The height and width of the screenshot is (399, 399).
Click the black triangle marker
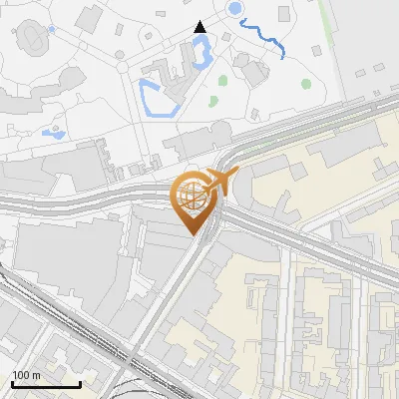tap(199, 27)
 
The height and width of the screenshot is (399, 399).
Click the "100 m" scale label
tap(26, 375)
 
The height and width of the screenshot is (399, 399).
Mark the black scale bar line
tap(46, 384)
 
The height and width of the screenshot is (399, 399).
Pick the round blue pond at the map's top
tap(235, 9)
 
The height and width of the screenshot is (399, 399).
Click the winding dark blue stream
tap(264, 39)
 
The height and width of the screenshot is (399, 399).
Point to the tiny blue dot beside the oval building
tap(51, 29)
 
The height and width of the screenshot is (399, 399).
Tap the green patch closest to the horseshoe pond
tap(222, 80)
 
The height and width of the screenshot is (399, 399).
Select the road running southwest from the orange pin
tap(165, 299)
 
